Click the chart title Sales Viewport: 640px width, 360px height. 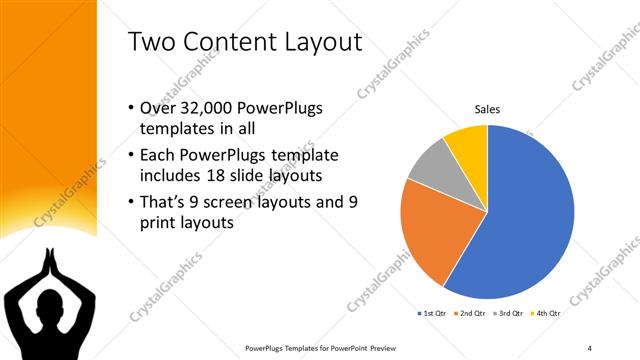point(487,109)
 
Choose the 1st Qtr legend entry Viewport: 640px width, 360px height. point(433,313)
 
